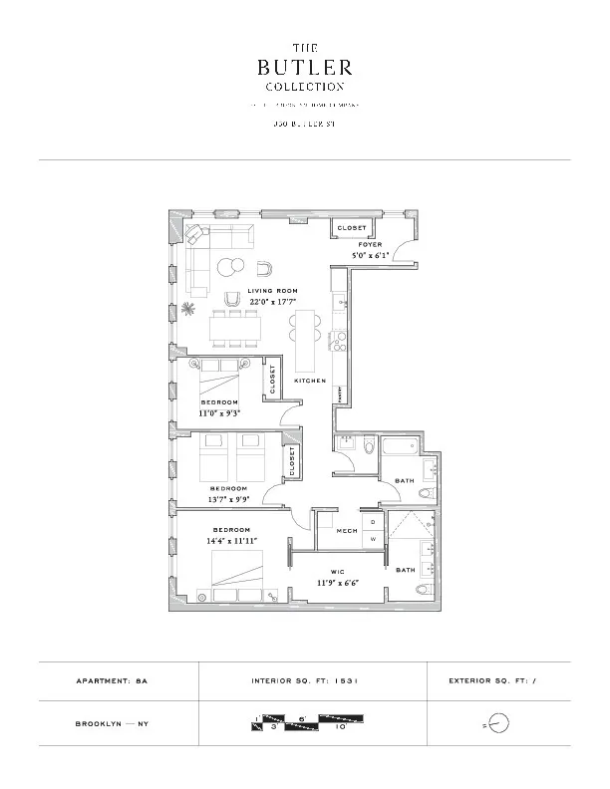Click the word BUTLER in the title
click(x=304, y=68)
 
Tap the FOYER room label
click(x=370, y=244)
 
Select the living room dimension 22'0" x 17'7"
click(x=273, y=301)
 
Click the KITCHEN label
click(x=310, y=382)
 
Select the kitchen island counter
click(x=305, y=337)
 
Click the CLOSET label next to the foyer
click(x=352, y=228)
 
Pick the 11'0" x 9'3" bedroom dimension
click(x=219, y=411)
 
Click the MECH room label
click(x=346, y=531)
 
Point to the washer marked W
click(x=373, y=539)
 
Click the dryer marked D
click(x=373, y=521)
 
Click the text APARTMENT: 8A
click(x=118, y=681)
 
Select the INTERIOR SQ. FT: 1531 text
click(x=304, y=681)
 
